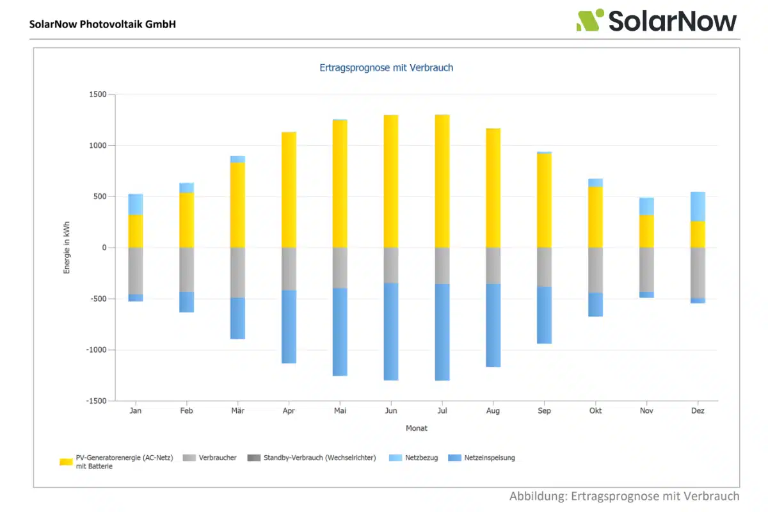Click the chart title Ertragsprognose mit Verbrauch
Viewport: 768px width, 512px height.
(x=386, y=67)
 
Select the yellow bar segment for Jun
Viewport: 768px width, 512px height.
(x=391, y=181)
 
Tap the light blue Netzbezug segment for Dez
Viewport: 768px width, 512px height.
(x=698, y=206)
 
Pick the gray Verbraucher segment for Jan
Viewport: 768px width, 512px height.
(x=135, y=271)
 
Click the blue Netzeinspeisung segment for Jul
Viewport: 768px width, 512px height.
(x=442, y=332)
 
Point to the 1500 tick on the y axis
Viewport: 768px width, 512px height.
(x=98, y=95)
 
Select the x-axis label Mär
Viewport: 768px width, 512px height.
(x=237, y=411)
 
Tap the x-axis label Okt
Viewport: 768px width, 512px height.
(x=595, y=411)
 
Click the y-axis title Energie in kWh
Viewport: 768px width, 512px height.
(x=67, y=248)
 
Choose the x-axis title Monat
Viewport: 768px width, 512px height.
(x=416, y=428)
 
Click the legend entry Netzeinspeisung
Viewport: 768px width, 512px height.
(x=489, y=458)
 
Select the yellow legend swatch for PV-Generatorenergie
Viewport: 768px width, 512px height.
(x=66, y=462)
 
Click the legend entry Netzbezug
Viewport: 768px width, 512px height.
(x=421, y=458)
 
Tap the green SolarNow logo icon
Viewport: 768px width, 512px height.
(x=589, y=20)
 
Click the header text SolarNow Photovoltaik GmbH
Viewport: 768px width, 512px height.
(x=102, y=24)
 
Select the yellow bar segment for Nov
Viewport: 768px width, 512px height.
(x=646, y=231)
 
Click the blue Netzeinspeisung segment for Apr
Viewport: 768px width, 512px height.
(x=289, y=326)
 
